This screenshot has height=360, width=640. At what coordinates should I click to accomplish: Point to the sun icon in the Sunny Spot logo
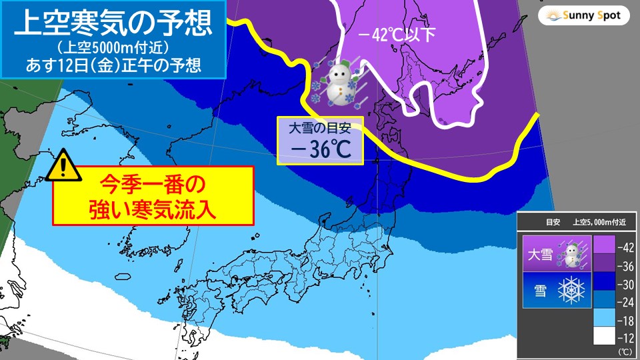[x=552, y=15]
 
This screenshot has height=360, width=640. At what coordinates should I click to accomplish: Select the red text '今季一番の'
[x=153, y=181]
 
